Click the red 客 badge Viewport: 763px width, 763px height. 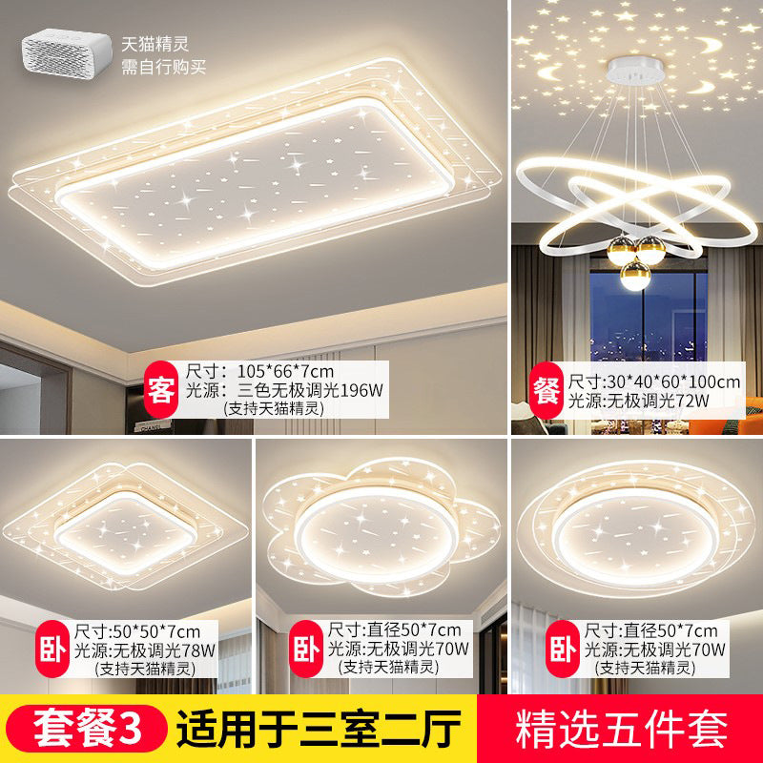(x=159, y=389)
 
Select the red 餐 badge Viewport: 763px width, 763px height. (x=546, y=391)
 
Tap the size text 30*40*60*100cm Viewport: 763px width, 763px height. (x=670, y=381)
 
